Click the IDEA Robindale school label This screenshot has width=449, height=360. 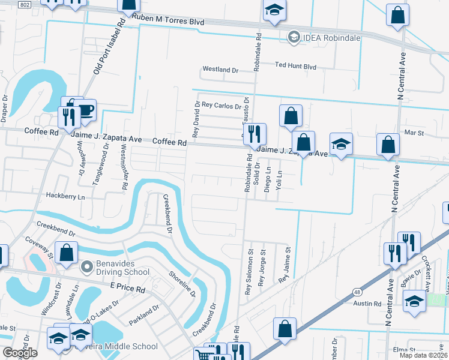point(332,38)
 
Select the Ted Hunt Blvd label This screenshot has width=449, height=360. point(295,66)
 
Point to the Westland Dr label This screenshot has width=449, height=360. point(220,70)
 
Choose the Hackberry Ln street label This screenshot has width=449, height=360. point(67,196)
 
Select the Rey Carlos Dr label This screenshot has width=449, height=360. point(221,106)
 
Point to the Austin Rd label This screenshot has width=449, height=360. point(367,304)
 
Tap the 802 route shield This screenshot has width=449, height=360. point(24,4)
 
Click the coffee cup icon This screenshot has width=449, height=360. point(86,110)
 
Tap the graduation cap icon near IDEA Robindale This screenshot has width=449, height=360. point(274,11)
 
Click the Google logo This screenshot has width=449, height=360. point(20,353)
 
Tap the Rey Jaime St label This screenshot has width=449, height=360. point(285,266)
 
